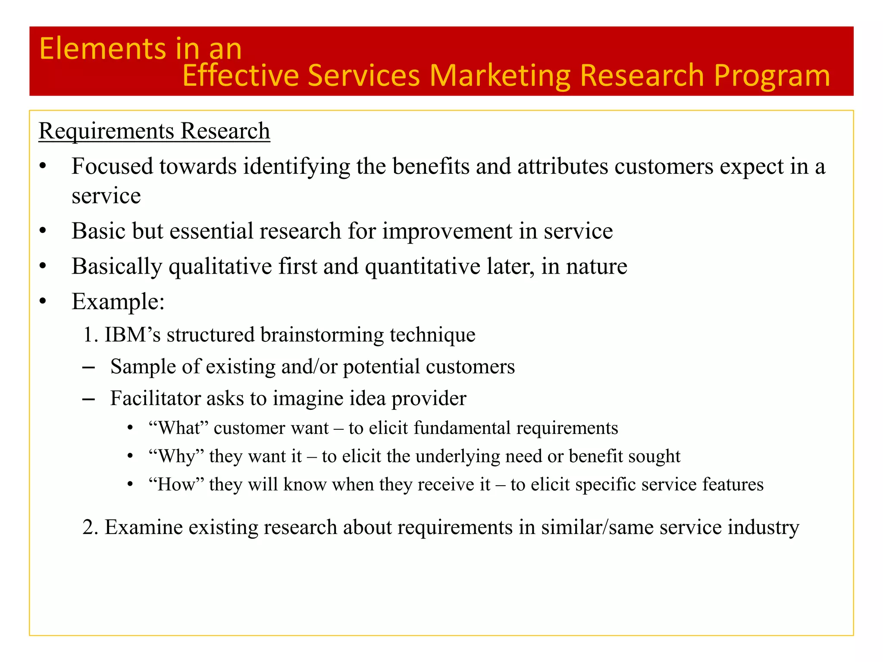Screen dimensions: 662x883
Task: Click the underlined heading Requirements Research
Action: click(x=154, y=131)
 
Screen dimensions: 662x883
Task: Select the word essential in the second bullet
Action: click(x=211, y=231)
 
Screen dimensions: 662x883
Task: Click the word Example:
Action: click(x=118, y=301)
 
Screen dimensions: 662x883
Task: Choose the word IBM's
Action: click(x=132, y=335)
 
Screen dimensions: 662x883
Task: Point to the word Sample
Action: click(x=138, y=367)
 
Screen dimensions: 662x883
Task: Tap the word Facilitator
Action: click(x=155, y=398)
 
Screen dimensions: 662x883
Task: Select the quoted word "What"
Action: click(x=178, y=428)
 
